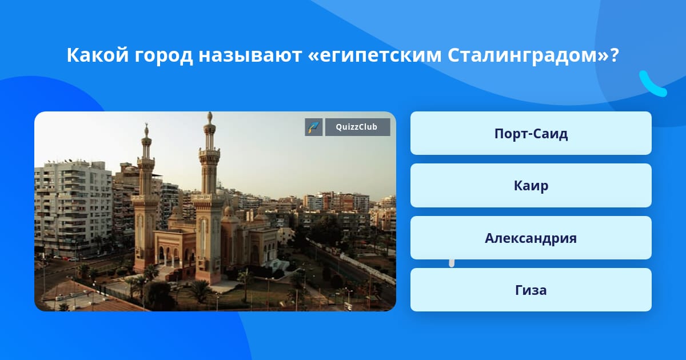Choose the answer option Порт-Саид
tap(531, 133)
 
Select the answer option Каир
tap(531, 186)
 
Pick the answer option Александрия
tap(531, 238)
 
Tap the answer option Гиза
tap(531, 290)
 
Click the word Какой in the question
tap(98, 55)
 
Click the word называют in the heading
tap(250, 56)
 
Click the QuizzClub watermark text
tap(357, 127)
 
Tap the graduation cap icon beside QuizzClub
tap(314, 127)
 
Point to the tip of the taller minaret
tap(210, 113)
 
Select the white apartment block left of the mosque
tap(73, 208)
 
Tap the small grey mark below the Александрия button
tap(452, 263)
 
